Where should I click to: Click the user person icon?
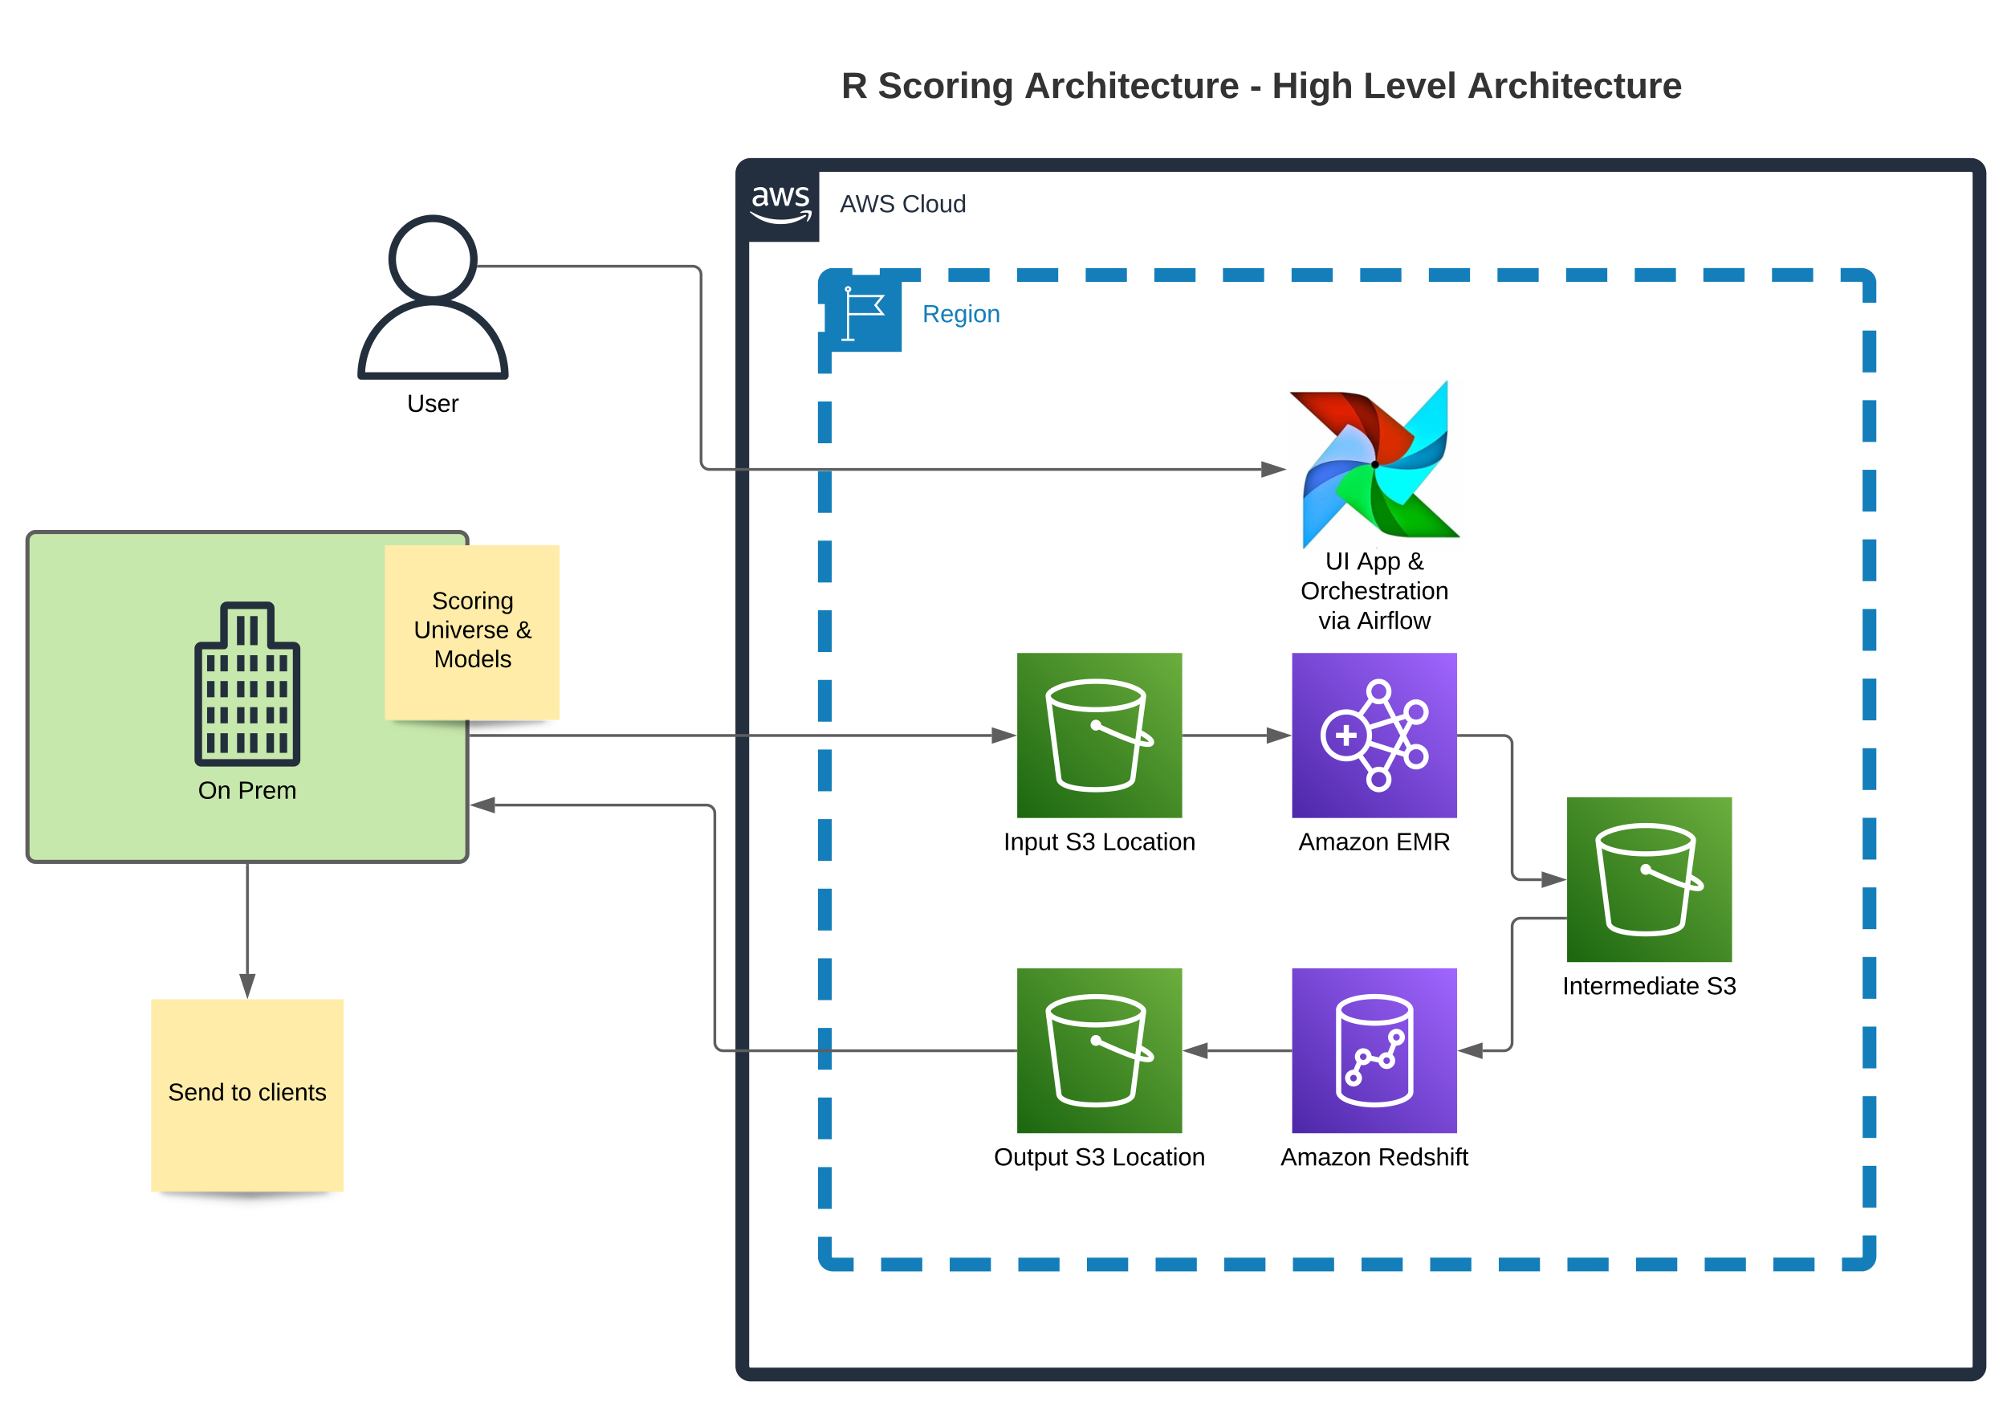433,297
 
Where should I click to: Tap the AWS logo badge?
780,204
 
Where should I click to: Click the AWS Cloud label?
903,205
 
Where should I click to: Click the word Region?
961,315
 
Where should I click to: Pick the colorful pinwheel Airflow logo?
1374,465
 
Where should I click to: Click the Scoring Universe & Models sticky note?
472,631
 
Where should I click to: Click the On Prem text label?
247,791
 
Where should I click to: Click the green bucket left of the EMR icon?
1100,736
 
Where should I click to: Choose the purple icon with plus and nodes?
1374,736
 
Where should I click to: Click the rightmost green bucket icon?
1650,879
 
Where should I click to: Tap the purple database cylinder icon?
1374,1050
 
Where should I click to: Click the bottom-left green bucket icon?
1100,1050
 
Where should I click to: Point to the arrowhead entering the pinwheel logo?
1273,470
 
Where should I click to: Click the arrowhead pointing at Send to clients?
247,985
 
